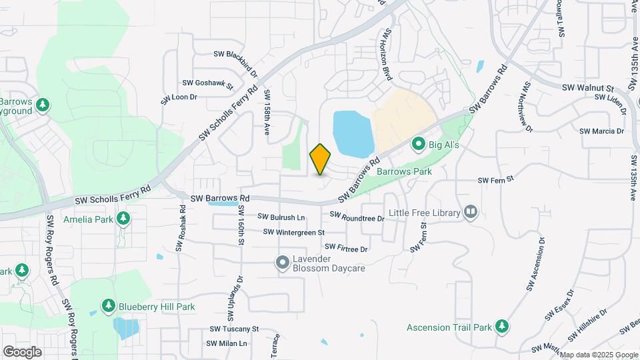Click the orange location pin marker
click(x=321, y=159)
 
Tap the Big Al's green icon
click(x=419, y=143)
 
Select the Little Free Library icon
click(x=471, y=212)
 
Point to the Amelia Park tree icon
click(x=123, y=219)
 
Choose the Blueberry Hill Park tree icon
click(x=109, y=306)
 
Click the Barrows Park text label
click(x=404, y=171)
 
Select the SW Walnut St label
click(x=587, y=87)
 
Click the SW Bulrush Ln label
click(x=281, y=217)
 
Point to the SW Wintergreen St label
click(x=293, y=232)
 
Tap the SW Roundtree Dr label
click(x=357, y=217)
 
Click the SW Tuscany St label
click(x=234, y=329)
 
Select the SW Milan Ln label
click(x=227, y=343)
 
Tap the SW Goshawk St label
click(x=208, y=85)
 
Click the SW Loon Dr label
click(x=179, y=97)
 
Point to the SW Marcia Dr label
click(x=601, y=131)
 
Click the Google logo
click(x=22, y=351)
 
